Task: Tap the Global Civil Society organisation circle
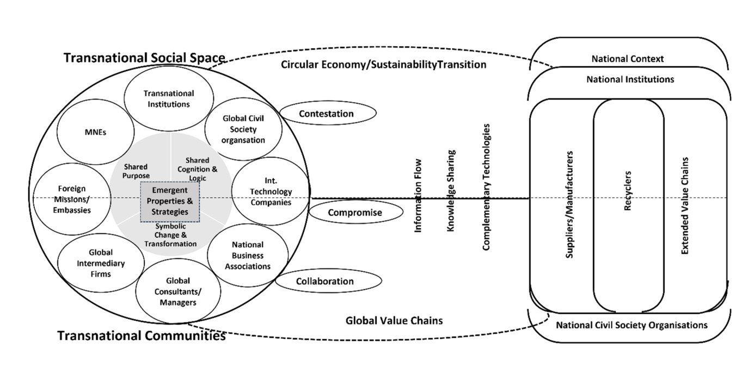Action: [243, 129]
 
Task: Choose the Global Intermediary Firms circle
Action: [101, 263]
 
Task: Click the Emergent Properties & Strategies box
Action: [170, 201]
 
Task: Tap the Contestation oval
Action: [327, 114]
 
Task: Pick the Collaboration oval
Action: [324, 281]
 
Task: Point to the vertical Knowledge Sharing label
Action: [451, 191]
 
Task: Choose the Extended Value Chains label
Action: [685, 207]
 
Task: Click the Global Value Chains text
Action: [394, 321]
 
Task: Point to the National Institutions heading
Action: [630, 79]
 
